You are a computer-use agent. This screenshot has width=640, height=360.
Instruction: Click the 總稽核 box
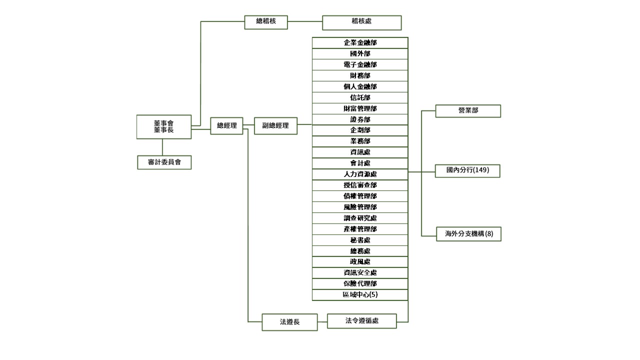point(265,22)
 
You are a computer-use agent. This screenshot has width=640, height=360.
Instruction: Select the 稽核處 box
point(361,22)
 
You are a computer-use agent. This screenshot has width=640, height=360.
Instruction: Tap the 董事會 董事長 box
point(163,126)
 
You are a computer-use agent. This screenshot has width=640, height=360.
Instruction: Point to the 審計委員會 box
point(164,162)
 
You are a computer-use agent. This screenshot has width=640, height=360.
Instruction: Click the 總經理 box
point(226,126)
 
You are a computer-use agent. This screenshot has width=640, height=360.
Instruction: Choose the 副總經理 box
point(275,126)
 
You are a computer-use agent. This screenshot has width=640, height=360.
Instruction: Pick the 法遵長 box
point(289,322)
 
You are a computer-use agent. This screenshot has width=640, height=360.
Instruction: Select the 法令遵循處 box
point(361,321)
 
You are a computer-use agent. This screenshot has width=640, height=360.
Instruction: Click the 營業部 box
point(467,111)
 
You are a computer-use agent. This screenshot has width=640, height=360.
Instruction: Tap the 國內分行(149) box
point(467,170)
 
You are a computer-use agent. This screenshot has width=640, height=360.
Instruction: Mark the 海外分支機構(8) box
point(467,233)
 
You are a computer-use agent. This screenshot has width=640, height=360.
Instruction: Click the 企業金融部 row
point(360,43)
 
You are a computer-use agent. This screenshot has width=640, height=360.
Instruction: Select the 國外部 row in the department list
point(360,54)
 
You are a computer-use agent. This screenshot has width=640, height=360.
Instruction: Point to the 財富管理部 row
point(360,108)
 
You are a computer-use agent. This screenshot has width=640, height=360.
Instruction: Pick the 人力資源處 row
point(360,174)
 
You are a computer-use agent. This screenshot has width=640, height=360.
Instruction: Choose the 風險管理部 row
point(360,207)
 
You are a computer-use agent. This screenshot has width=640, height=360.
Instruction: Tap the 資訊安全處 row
point(360,272)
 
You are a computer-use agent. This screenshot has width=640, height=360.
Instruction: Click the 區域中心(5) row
point(360,295)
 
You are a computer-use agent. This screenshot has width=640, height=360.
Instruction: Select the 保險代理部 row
point(360,283)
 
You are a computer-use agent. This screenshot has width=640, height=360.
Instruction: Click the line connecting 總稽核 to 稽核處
point(305,22)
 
